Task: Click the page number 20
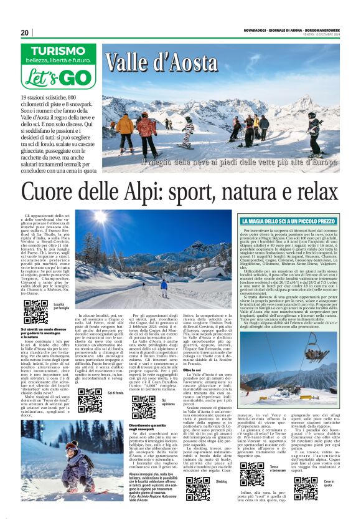coord(25,32)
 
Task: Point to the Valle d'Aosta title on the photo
coord(161,63)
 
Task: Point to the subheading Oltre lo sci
coord(192,352)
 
